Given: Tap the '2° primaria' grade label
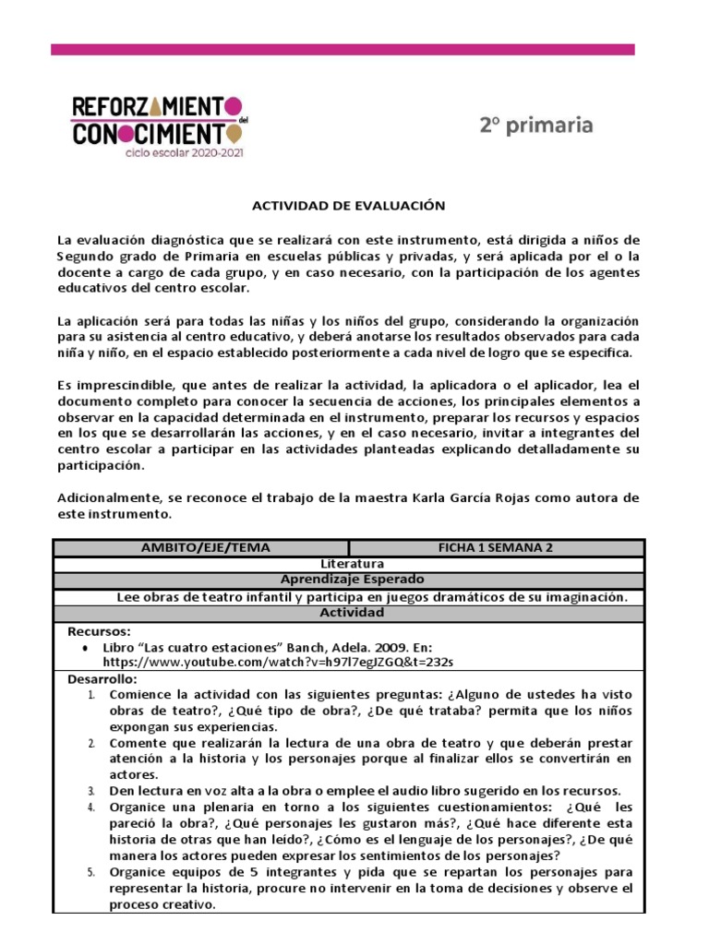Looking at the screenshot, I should coord(535,126).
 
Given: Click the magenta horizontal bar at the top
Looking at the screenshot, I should coord(342,49).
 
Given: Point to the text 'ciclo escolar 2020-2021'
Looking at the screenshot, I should coord(186,153).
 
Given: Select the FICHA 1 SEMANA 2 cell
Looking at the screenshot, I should coord(495,547).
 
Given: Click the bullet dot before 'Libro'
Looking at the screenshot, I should coord(85,648).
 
